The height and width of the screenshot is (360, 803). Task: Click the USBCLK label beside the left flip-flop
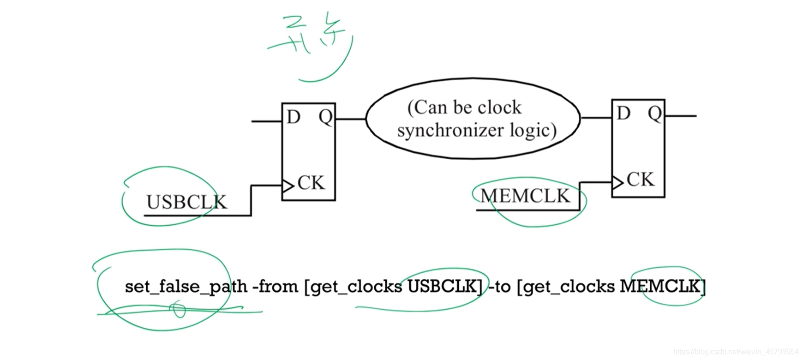pos(186,202)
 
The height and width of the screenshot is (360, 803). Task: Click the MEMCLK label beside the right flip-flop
pos(525,196)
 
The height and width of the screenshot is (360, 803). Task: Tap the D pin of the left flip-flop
pos(294,117)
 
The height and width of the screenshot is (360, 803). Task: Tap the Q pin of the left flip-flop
pos(325,117)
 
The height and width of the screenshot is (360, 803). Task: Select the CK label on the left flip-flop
pos(311,183)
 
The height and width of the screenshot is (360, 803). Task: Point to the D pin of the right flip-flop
pos(623,113)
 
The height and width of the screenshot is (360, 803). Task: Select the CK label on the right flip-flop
pos(641,180)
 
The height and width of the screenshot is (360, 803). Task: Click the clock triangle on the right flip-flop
pos(617,183)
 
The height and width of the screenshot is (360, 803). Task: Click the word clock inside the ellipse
pos(499,108)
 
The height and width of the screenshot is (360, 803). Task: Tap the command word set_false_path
pos(186,287)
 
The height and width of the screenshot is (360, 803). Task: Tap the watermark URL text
pos(736,352)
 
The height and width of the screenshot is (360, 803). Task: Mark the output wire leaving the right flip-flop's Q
pos(681,116)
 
